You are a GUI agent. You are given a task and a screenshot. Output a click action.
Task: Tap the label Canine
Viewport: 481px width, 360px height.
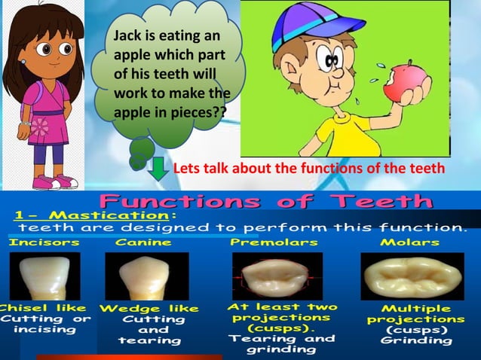[143, 243]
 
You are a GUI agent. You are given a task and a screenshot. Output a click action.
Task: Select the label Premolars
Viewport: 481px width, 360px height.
[274, 243]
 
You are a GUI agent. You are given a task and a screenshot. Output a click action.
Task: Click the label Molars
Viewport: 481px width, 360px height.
[409, 243]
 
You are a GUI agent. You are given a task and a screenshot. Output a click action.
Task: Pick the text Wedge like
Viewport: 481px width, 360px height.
[149, 308]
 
